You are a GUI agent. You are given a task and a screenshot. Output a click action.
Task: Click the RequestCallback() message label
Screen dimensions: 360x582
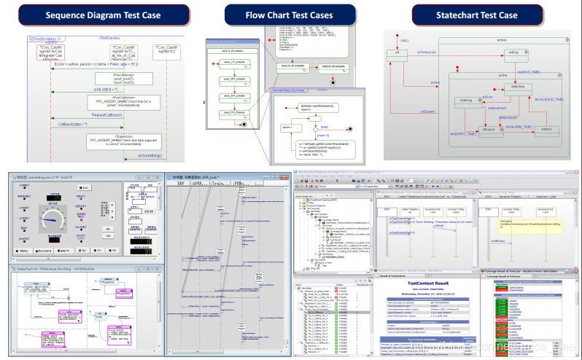[x=106, y=114]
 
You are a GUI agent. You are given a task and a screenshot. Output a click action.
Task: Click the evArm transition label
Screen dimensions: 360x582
[x=435, y=83]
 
